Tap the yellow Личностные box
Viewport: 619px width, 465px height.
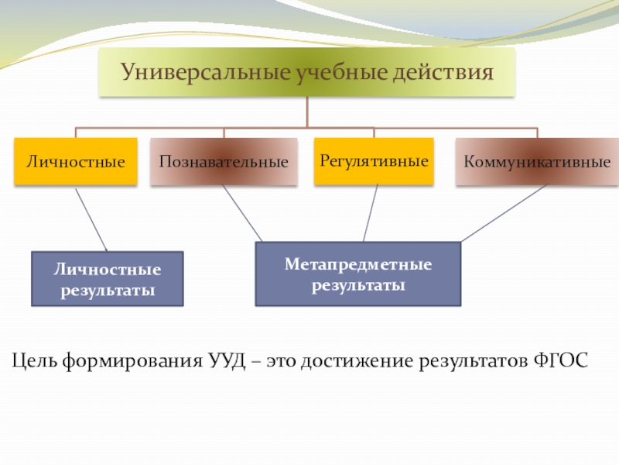point(76,162)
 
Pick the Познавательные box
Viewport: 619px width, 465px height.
point(224,162)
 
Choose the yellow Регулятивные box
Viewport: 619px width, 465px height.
point(374,161)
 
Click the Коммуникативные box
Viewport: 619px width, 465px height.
point(537,162)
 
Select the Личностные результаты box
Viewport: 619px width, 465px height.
point(108,279)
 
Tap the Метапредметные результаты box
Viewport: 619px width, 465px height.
point(357,274)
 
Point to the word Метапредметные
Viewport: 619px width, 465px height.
point(357,265)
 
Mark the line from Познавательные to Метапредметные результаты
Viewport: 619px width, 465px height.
point(242,215)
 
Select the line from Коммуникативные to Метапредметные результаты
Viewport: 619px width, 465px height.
point(503,214)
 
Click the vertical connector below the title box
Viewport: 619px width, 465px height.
point(307,112)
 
